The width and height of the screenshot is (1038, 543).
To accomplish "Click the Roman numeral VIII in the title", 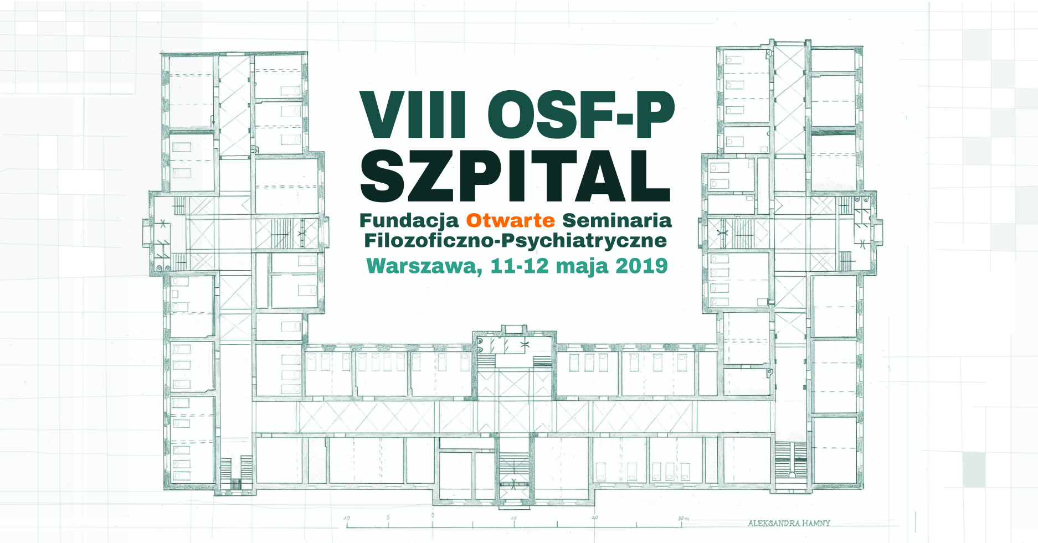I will coord(413,114).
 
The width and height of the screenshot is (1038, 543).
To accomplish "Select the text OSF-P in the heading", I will coord(581,114).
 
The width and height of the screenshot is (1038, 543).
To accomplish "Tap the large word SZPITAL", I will coord(516,175).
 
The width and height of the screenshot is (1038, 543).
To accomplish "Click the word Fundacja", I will coord(409,220).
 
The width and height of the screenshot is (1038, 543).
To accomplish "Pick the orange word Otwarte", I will coord(510,220).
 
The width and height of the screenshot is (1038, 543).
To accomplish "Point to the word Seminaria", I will coord(616,220).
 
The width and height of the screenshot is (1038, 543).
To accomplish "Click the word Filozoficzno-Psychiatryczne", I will coord(515,241).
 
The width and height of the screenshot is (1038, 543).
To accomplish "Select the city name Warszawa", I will coord(424,266).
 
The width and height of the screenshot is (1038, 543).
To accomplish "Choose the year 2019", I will coord(641,266).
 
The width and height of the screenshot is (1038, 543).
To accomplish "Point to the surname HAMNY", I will coord(816,523).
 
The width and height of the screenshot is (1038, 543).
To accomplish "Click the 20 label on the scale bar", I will coord(594,518).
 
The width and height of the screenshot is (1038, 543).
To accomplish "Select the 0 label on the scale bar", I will coord(433,515).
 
